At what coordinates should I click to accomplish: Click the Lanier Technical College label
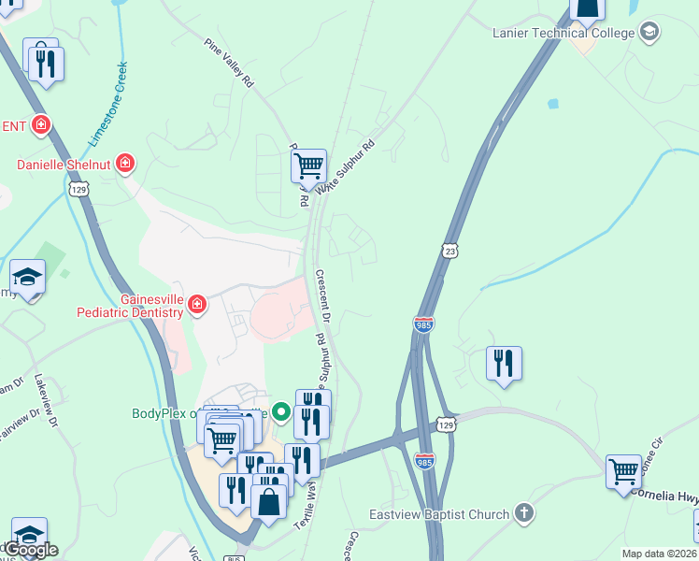[x=563, y=33]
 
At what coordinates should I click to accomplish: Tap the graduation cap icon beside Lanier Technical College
[x=649, y=33]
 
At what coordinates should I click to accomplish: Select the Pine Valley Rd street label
[x=229, y=63]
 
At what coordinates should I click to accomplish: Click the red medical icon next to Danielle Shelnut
[x=125, y=165]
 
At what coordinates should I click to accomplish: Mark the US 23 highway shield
[x=450, y=251]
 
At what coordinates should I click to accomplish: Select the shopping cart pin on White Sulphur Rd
[x=308, y=166]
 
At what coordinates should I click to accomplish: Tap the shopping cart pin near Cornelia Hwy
[x=623, y=471]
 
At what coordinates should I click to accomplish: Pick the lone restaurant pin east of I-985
[x=504, y=363]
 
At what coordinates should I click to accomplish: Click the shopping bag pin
[x=269, y=500]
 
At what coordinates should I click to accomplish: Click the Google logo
[x=32, y=550]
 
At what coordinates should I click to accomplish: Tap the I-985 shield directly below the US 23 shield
[x=422, y=324]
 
